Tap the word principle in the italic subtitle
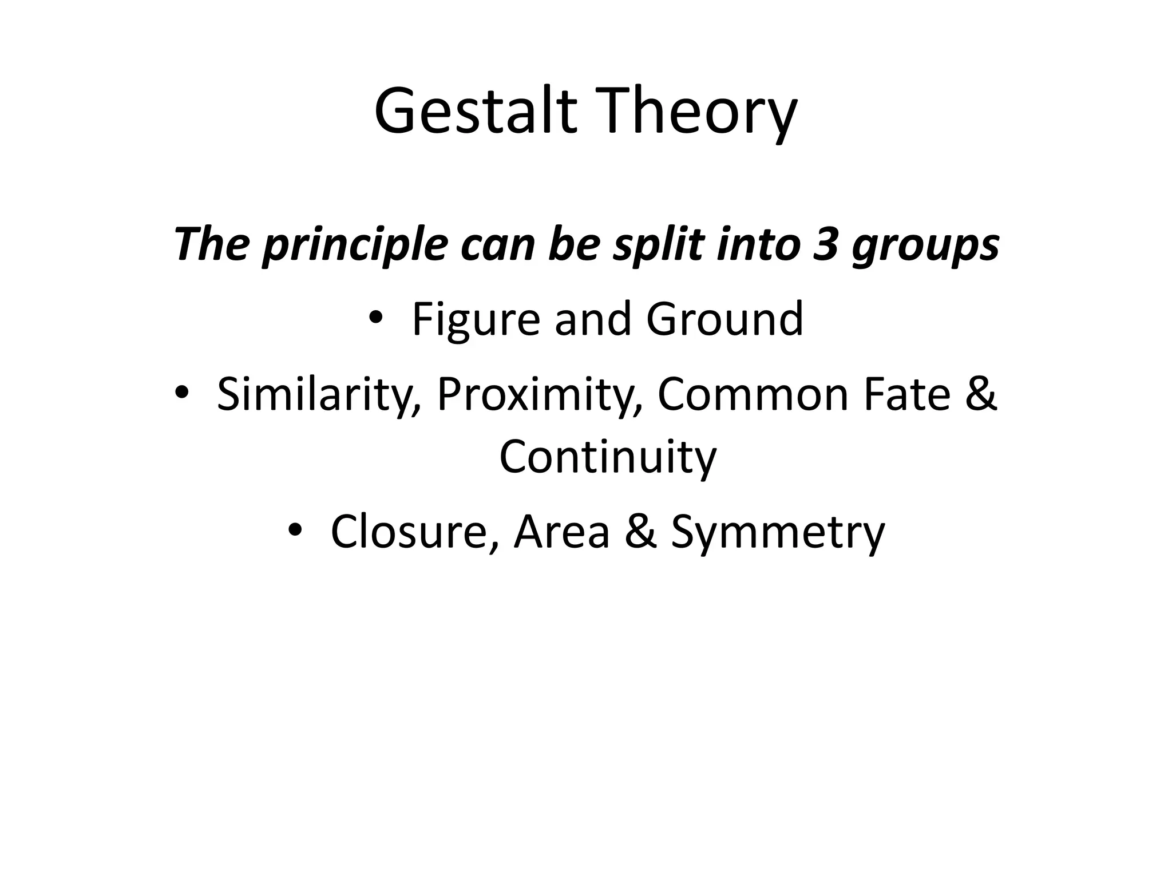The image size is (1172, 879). point(355,245)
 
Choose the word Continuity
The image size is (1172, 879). point(608,458)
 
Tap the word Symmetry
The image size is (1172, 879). point(778,532)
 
